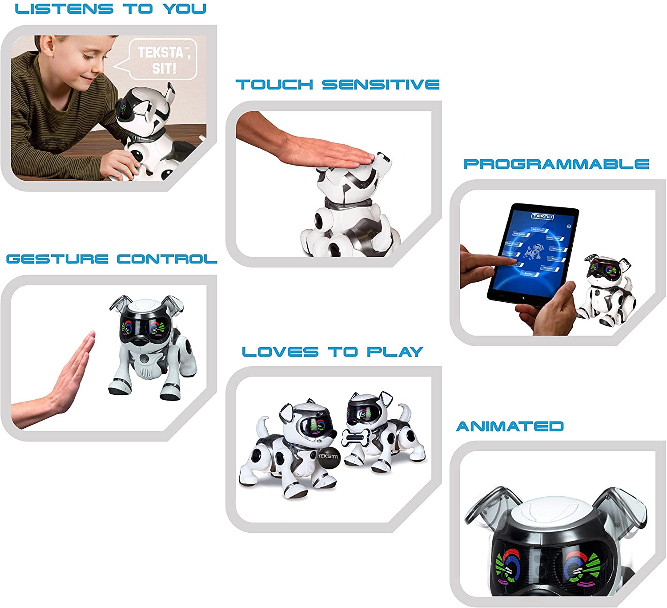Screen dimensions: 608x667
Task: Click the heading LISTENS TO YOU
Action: (111, 9)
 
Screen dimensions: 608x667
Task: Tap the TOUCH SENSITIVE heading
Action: (338, 85)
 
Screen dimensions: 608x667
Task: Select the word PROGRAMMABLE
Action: (556, 164)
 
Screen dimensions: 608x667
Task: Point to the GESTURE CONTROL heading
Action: (112, 259)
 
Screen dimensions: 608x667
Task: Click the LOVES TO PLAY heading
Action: (333, 352)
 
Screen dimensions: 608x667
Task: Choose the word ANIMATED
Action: (510, 426)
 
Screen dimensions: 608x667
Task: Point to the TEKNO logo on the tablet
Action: (542, 216)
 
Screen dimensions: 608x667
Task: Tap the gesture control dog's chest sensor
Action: (145, 359)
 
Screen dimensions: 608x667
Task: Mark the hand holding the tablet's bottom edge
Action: (547, 307)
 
